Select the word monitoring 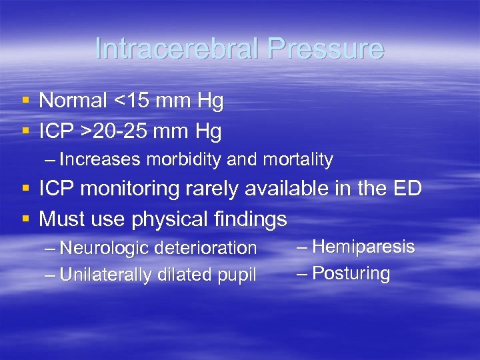coord(124,189)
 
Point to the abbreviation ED coord(407,189)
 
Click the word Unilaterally coord(105,275)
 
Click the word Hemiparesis coord(363,247)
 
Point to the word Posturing coord(351,273)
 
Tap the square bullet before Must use coord(25,219)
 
